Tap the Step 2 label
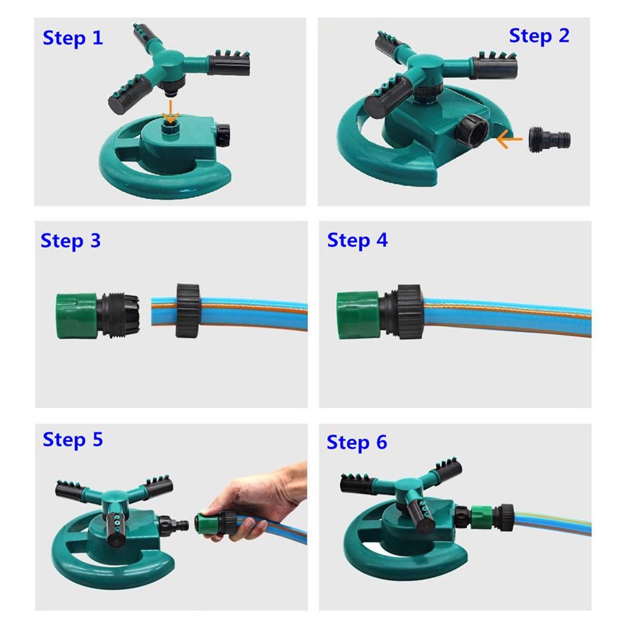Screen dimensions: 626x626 tap(539, 36)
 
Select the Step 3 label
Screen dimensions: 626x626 tap(70, 240)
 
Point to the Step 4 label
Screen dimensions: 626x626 tap(357, 240)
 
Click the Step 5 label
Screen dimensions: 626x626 tap(73, 439)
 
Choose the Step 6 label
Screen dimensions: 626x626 tap(357, 443)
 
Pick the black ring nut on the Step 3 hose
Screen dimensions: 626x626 tap(187, 310)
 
